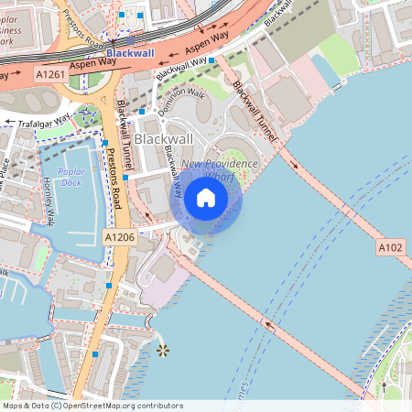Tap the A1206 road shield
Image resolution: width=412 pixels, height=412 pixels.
click(120, 237)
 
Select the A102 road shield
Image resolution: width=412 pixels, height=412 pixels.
click(390, 248)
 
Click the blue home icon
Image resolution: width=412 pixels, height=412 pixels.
click(205, 198)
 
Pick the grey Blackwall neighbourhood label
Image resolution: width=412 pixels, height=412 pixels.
click(163, 138)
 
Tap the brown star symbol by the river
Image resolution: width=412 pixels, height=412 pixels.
click(163, 350)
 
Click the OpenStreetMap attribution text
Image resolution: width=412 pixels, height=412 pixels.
click(92, 405)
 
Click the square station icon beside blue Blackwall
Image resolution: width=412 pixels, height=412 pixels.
click(131, 40)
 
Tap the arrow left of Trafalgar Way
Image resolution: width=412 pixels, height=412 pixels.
click(6, 121)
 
